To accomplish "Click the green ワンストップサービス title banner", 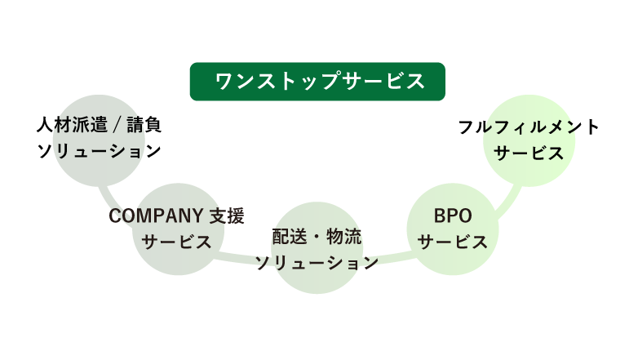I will click(317, 82).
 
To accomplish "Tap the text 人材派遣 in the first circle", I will click(69, 126).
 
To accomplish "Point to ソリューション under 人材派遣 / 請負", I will click(99, 151).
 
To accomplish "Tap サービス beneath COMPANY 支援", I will click(177, 242).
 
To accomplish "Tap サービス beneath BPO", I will click(452, 242).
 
